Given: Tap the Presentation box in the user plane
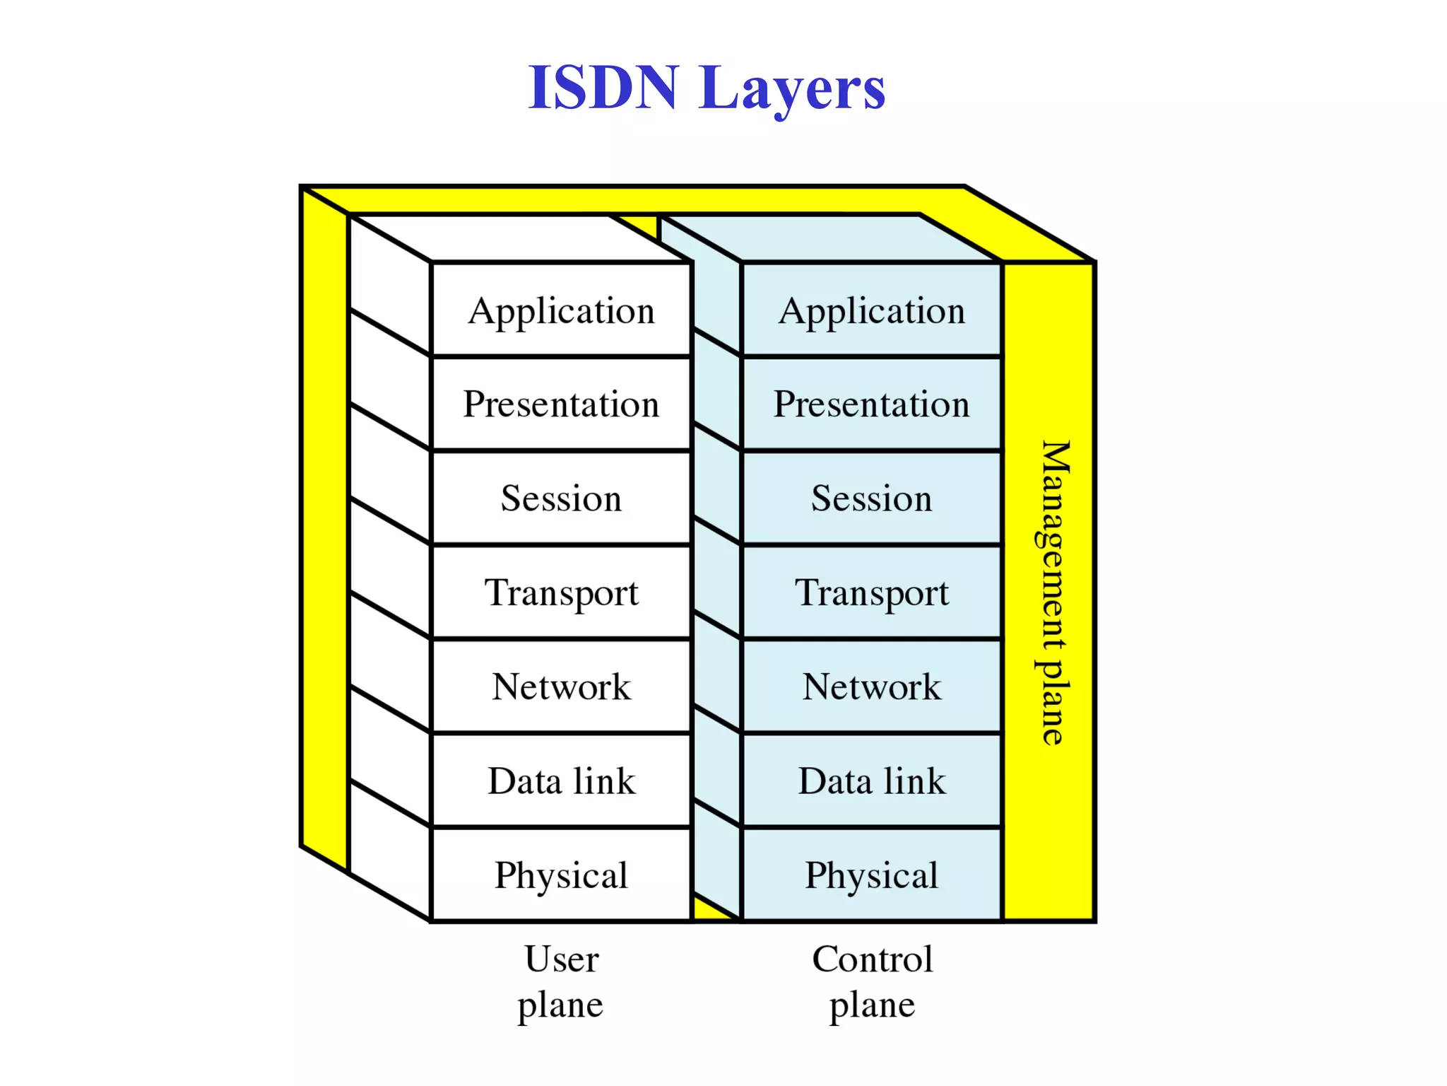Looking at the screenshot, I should (561, 404).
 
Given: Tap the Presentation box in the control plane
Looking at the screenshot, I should (872, 404).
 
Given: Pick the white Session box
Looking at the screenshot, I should (561, 498).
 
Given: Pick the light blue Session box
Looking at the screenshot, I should (872, 498).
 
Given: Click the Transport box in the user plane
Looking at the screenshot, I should (561, 592).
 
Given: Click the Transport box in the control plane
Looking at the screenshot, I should (872, 592).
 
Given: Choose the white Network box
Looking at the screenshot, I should (561, 687).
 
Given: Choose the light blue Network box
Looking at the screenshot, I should (872, 687).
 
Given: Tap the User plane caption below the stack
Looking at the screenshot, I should (561, 981).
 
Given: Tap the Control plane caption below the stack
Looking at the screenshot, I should (872, 981).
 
